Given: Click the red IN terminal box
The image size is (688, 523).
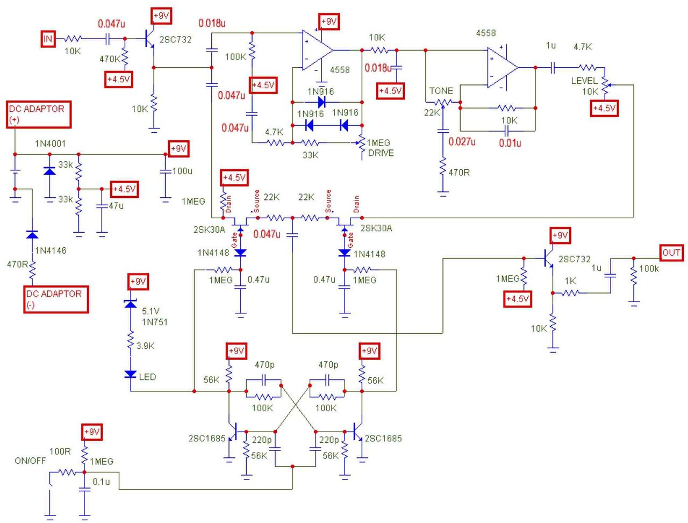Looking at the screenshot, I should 48,39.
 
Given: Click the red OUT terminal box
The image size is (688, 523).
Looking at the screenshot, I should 671,253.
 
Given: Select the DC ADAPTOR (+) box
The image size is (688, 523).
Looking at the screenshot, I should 38,114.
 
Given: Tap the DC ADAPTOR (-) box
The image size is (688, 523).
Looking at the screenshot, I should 55,299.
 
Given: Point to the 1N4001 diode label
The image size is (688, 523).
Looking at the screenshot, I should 51,144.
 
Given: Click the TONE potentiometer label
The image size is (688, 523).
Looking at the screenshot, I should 441,91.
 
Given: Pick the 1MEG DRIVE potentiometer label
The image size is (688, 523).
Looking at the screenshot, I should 379,148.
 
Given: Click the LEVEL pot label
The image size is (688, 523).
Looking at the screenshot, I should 584,81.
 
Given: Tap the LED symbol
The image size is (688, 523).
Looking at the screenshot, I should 131,375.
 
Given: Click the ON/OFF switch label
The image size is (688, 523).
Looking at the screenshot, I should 30,461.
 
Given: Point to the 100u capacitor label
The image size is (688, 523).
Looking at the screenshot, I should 182,171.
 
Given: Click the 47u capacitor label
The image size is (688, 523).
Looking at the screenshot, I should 116,205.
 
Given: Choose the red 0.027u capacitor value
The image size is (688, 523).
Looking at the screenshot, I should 462,142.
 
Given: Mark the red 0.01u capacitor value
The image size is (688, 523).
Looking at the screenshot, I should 510,143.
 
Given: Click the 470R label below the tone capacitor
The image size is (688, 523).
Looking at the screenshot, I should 458,173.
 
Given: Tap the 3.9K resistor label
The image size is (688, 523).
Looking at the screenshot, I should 145,346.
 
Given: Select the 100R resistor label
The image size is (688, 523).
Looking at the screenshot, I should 60,452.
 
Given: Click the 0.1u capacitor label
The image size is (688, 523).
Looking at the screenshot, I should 101,482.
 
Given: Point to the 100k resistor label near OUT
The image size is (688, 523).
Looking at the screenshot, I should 649,268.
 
